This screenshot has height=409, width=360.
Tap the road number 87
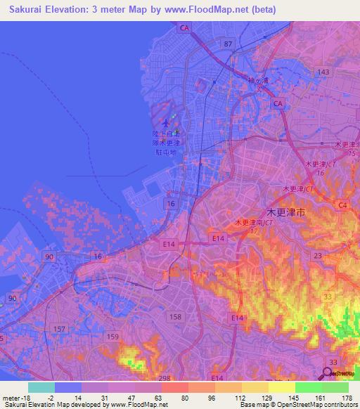coord(227,44)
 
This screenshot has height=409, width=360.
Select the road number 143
coord(323,72)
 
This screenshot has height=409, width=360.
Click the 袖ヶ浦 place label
coord(258,81)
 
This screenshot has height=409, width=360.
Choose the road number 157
coord(60,328)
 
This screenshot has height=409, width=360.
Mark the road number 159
coord(112,337)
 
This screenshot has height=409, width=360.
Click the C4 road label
coord(342,205)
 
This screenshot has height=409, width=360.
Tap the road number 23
coord(318,256)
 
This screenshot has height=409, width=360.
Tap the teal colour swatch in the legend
coord(41,387)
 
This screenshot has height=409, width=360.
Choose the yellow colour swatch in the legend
coord(281,387)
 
